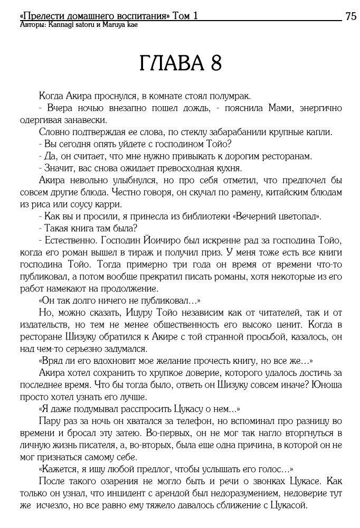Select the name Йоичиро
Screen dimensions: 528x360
point(160,241)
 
